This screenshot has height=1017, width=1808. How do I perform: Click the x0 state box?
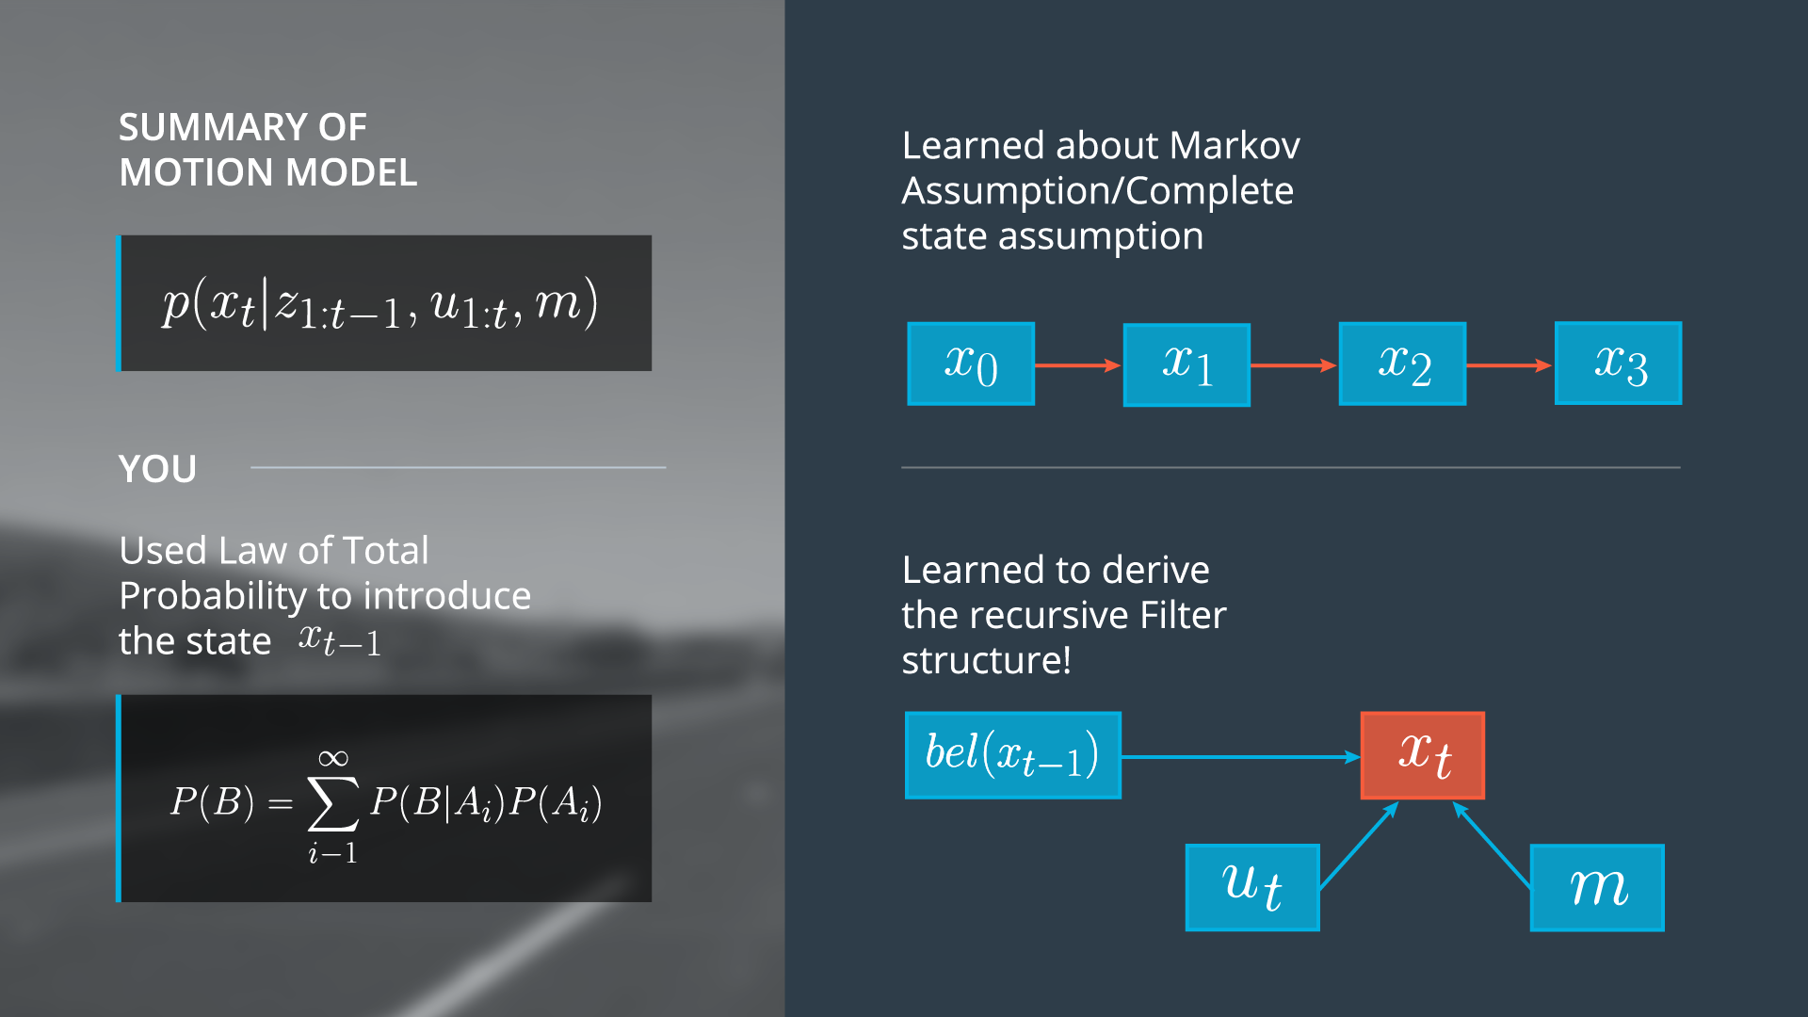point(971,364)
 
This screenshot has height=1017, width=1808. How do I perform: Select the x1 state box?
point(1186,365)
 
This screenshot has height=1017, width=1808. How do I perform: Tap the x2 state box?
point(1402,364)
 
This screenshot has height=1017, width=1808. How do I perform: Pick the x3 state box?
point(1618,363)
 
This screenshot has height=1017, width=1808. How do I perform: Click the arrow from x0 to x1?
point(1078,365)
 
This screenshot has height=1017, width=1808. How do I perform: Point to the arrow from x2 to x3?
point(1509,365)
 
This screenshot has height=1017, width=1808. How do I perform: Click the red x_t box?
point(1423,755)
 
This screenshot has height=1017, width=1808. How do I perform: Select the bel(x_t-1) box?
point(1012,755)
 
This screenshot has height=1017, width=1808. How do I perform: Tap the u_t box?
point(1252,887)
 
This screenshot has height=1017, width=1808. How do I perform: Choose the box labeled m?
point(1597,887)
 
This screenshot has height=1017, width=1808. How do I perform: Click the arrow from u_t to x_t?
point(1359,845)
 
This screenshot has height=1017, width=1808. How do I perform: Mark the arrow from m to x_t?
point(1492,845)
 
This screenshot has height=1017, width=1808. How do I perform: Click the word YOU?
point(157,469)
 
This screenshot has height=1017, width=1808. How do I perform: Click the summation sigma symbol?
point(333,803)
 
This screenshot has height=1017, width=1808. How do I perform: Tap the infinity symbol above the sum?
point(333,758)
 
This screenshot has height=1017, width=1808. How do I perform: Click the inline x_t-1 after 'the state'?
point(339,640)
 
